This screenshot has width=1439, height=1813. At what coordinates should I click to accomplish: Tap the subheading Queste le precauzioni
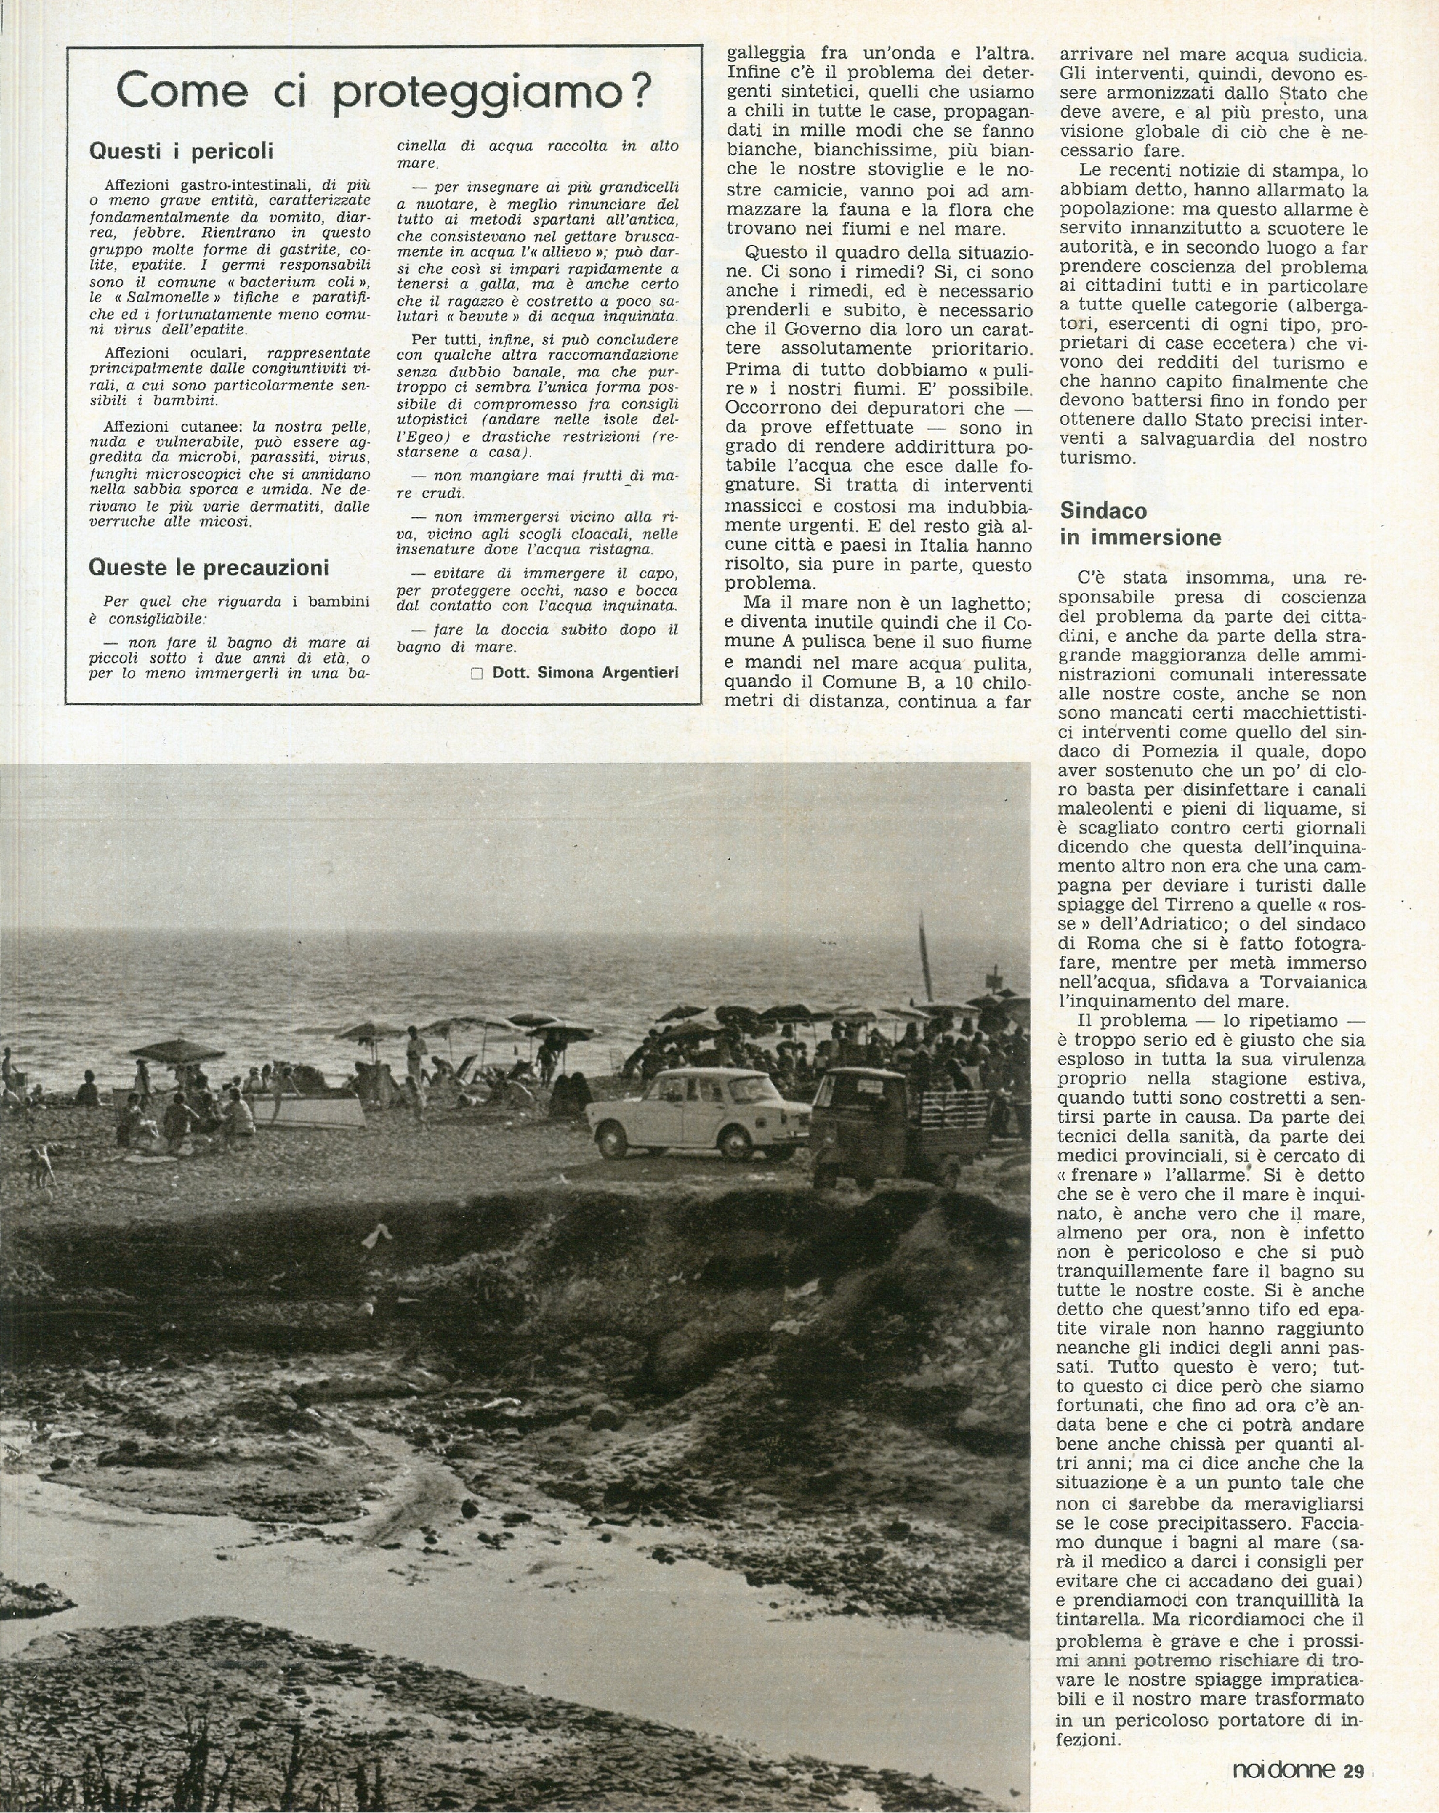coord(209,568)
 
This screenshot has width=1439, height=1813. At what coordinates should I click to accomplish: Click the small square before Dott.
coord(477,673)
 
